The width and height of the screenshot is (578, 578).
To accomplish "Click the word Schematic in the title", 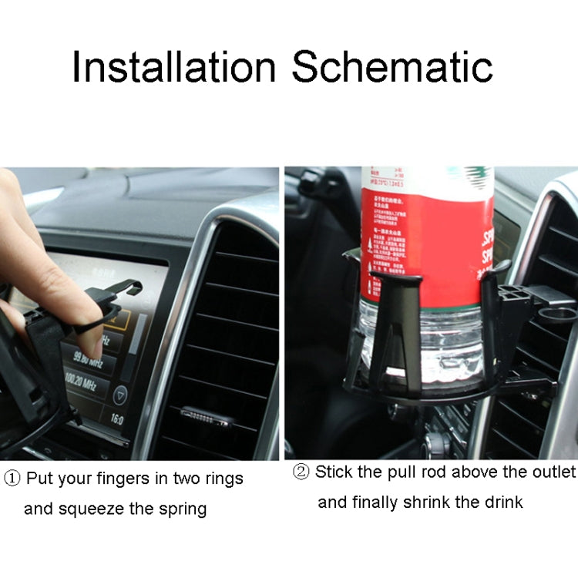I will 392,68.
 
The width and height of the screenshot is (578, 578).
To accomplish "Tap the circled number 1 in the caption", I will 12,479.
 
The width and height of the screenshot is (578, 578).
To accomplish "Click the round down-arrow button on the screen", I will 119,396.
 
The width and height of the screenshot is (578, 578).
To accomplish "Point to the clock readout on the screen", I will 116,421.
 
